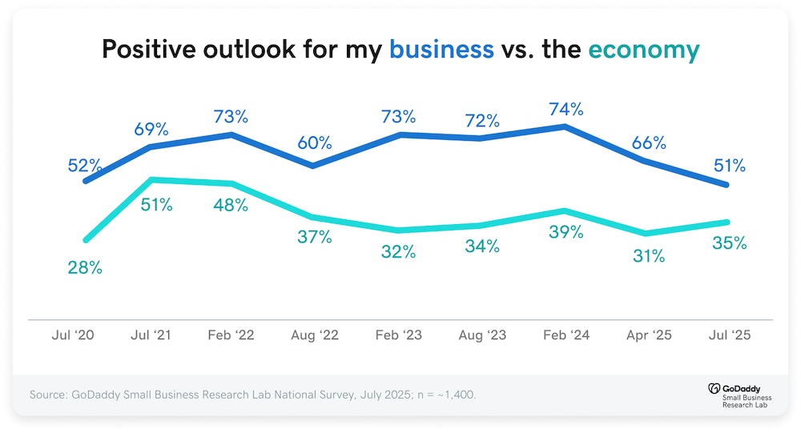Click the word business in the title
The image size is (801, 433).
tap(441, 49)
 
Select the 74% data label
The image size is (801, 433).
tap(566, 110)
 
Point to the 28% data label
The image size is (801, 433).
tap(85, 267)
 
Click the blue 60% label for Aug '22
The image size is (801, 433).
tap(315, 143)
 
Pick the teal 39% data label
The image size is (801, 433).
tap(566, 232)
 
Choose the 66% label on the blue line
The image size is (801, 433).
tap(649, 143)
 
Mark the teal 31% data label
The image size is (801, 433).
tap(649, 256)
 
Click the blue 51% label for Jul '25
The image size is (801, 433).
tap(730, 166)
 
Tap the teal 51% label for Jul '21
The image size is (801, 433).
tap(156, 205)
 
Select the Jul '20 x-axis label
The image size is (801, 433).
tap(73, 335)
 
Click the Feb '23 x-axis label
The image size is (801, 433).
tap(398, 335)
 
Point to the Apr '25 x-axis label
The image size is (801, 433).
tap(649, 335)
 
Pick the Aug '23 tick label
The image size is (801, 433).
tap(482, 335)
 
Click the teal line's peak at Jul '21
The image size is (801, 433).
tap(151, 180)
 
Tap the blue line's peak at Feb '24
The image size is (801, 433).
tap(565, 126)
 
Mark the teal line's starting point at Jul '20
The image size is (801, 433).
tap(86, 239)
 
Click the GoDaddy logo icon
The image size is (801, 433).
tap(714, 389)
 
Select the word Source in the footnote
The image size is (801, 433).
tap(48, 395)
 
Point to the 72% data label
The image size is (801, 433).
tap(482, 121)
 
